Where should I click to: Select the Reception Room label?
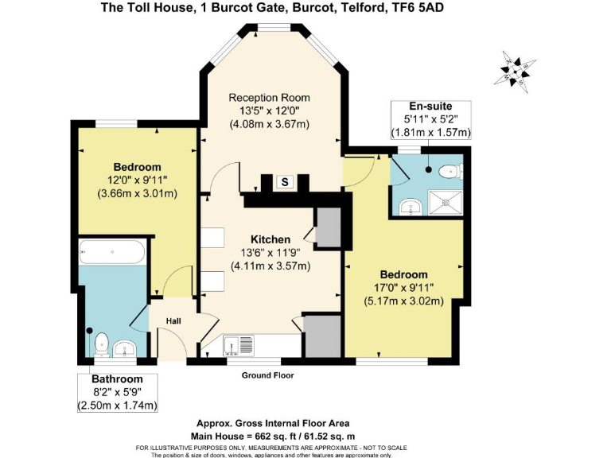pyautogui.click(x=269, y=96)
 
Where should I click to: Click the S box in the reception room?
pyautogui.click(x=285, y=182)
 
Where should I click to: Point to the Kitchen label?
pyautogui.click(x=270, y=239)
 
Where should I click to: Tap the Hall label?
pyautogui.click(x=173, y=320)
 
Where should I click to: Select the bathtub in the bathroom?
pyautogui.click(x=112, y=253)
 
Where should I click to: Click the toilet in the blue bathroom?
pyautogui.click(x=101, y=344)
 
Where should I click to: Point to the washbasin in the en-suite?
pyautogui.click(x=409, y=206)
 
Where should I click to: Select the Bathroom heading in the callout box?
pyautogui.click(x=117, y=379)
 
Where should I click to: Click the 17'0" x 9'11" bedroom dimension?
pyautogui.click(x=403, y=288)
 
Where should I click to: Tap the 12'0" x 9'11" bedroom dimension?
pyautogui.click(x=137, y=180)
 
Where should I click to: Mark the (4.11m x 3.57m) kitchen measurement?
pyautogui.click(x=270, y=266)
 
